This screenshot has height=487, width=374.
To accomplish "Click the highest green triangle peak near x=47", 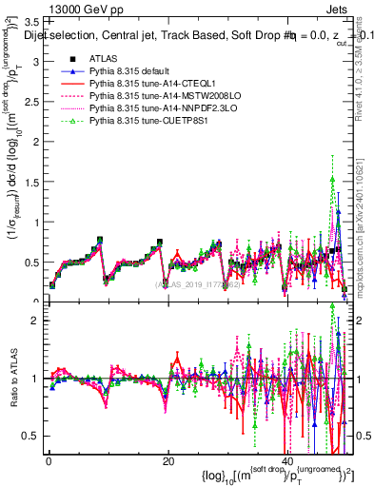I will click(x=331, y=179).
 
